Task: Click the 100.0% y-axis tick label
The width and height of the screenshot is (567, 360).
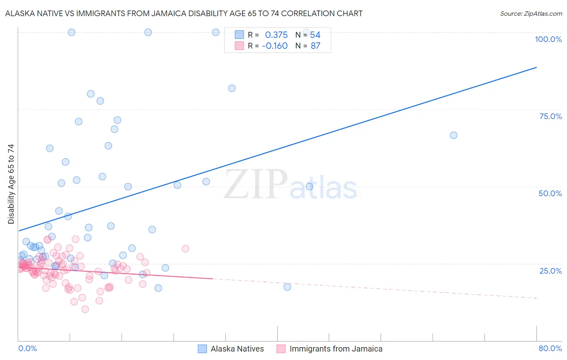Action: (x=548, y=39)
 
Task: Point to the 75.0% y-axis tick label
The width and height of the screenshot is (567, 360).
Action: (x=550, y=116)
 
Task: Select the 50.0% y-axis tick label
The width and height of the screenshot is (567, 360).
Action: (x=550, y=193)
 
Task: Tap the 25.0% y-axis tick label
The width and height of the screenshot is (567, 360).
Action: (x=550, y=270)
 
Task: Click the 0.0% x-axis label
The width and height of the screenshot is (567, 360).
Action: (x=27, y=348)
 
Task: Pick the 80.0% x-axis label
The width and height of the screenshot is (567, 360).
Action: (x=550, y=348)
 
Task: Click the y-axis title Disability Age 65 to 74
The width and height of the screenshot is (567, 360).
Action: (x=11, y=184)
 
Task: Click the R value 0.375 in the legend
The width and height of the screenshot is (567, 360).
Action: (x=276, y=35)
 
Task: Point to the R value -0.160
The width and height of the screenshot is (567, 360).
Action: (x=275, y=46)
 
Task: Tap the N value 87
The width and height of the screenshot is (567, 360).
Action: (x=315, y=46)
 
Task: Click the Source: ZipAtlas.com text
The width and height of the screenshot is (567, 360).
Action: (x=531, y=13)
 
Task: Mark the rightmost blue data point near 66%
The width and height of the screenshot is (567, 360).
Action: (x=454, y=135)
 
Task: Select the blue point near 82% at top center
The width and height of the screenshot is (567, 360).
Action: (x=232, y=88)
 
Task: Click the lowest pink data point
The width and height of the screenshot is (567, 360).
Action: (x=85, y=309)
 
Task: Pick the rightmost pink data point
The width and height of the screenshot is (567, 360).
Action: (x=186, y=249)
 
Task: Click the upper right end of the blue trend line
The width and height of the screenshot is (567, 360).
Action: (x=536, y=67)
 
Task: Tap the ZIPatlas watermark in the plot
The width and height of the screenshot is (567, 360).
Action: (x=290, y=185)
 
